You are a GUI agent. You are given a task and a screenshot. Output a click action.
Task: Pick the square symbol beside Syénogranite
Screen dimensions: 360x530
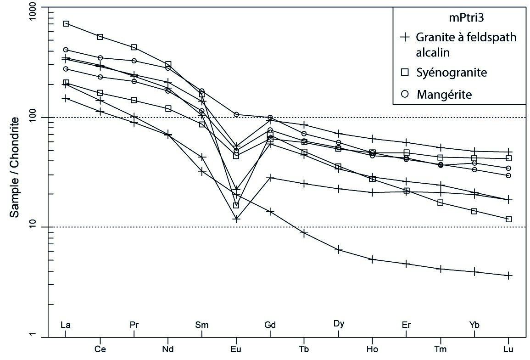pyautogui.click(x=404, y=73)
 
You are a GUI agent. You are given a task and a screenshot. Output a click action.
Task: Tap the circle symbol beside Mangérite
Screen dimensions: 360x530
pyautogui.click(x=404, y=94)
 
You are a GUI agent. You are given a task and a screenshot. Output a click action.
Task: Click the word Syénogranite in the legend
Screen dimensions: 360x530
pyautogui.click(x=452, y=73)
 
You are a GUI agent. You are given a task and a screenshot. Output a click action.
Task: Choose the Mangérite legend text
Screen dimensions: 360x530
pyautogui.click(x=444, y=94)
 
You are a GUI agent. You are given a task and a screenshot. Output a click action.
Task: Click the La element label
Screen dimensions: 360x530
pyautogui.click(x=66, y=325)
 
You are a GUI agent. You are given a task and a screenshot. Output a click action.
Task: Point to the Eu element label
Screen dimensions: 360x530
pyautogui.click(x=235, y=349)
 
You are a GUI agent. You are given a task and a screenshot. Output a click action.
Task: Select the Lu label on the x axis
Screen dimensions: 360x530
pyautogui.click(x=508, y=349)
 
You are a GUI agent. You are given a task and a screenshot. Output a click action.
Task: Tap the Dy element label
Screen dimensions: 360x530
pyautogui.click(x=339, y=324)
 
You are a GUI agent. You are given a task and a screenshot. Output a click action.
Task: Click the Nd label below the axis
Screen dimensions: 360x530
pyautogui.click(x=168, y=349)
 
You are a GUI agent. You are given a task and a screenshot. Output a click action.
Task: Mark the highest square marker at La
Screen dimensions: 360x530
pyautogui.click(x=66, y=23)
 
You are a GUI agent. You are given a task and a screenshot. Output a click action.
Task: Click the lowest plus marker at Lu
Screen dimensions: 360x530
pyautogui.click(x=508, y=276)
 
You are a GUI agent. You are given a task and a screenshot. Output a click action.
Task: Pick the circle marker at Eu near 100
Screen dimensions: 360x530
pyautogui.click(x=236, y=114)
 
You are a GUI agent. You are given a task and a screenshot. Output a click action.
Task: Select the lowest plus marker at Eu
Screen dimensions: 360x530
pyautogui.click(x=236, y=219)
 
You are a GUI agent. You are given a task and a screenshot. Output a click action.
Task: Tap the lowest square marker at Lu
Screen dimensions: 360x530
pyautogui.click(x=508, y=219)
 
